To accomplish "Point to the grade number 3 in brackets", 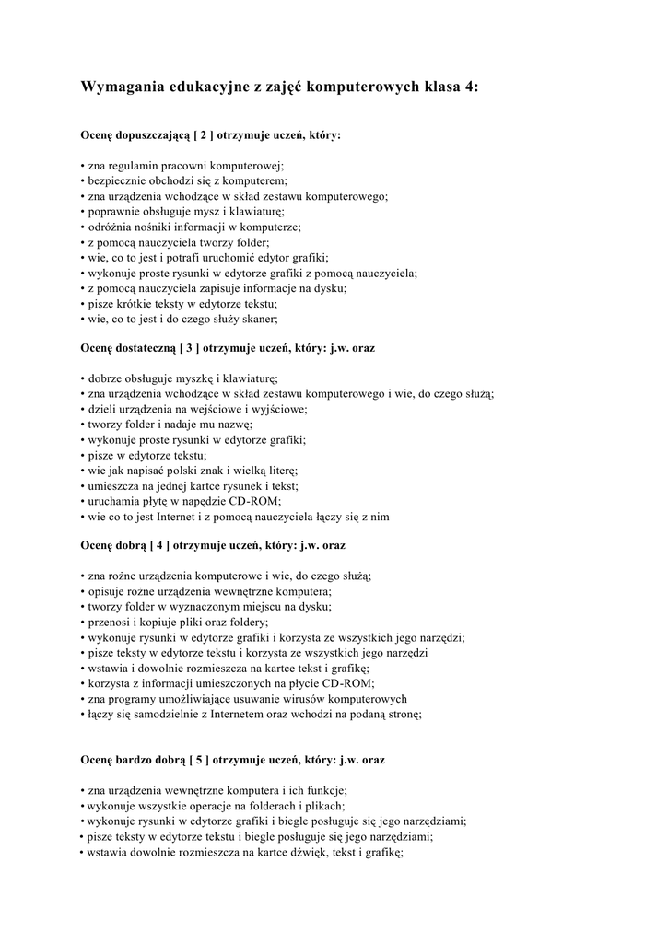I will tap(189, 349).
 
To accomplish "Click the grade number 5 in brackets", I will tap(198, 761).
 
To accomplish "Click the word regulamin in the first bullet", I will tap(132, 165).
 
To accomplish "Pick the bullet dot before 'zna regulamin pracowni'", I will tap(82, 165).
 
